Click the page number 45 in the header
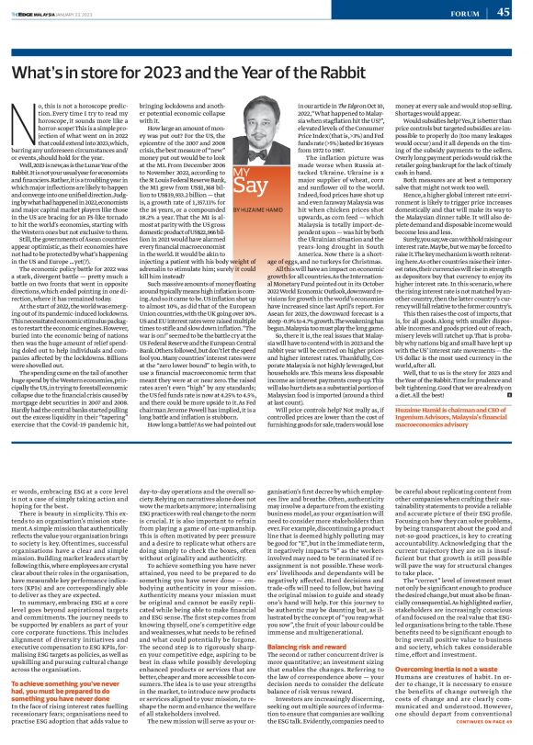tap(503, 12)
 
